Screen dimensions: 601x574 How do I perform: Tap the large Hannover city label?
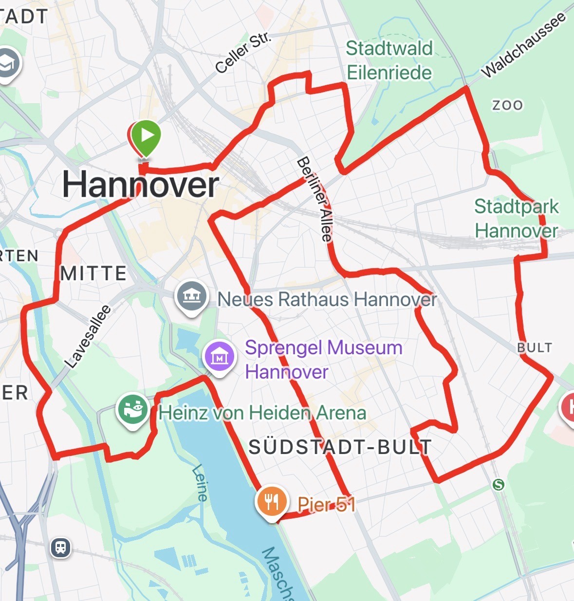(x=141, y=185)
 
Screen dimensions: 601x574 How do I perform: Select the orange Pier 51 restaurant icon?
(x=272, y=501)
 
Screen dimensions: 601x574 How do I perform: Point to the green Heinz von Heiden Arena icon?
(x=132, y=409)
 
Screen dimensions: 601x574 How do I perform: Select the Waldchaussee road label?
(x=524, y=44)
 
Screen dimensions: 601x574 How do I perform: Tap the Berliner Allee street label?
(x=315, y=199)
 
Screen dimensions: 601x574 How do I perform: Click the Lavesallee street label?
(x=88, y=336)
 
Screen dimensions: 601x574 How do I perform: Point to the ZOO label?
(x=507, y=105)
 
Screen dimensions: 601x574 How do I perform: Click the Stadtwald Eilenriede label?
(x=389, y=60)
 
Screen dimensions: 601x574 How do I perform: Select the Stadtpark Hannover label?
(x=516, y=218)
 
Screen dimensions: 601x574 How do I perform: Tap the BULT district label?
(x=535, y=347)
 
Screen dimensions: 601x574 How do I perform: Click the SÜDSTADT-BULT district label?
(x=340, y=447)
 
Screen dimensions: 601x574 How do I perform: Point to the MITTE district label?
(x=93, y=273)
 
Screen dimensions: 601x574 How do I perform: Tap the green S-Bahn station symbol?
(x=498, y=484)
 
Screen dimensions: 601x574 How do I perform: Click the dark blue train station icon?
(x=60, y=547)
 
